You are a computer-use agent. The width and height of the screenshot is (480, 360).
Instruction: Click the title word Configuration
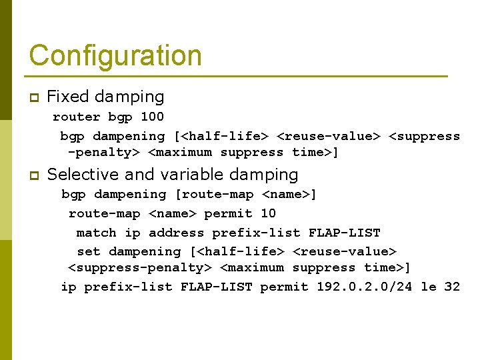[115, 55]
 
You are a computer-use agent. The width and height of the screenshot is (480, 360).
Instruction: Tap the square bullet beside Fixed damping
[34, 98]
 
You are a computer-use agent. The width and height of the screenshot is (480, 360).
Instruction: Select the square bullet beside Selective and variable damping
[34, 176]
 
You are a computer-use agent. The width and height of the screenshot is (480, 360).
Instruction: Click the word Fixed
[68, 97]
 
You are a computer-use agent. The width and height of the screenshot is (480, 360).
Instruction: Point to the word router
[76, 117]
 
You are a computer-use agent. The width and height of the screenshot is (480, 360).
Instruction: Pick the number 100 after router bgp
[152, 117]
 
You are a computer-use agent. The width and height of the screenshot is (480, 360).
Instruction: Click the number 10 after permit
[268, 214]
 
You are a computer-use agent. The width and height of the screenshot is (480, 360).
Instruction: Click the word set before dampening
[88, 252]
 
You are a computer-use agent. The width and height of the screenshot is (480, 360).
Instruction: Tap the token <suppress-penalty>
[139, 268]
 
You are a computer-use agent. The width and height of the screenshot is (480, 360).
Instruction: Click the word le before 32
[428, 287]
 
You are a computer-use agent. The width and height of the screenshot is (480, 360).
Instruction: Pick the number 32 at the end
[452, 287]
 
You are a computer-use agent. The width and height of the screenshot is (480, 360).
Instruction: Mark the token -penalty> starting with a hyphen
[103, 153]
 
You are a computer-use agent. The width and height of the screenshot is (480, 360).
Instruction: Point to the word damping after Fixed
[129, 97]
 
